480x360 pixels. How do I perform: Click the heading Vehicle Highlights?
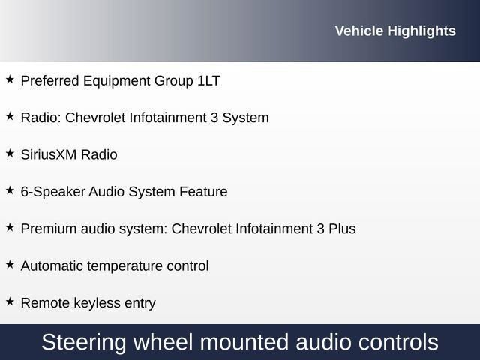(x=394, y=31)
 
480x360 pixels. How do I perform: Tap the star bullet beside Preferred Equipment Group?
(x=10, y=79)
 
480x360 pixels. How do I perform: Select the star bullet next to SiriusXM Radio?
(x=10, y=153)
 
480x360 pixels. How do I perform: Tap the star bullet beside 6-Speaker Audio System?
(x=10, y=190)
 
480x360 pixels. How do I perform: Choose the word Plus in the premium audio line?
(x=341, y=229)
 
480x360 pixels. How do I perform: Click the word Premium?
(x=48, y=229)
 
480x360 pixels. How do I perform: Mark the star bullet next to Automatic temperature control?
(x=10, y=264)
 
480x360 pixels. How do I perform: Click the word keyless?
(x=93, y=303)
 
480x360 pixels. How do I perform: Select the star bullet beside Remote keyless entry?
(x=10, y=301)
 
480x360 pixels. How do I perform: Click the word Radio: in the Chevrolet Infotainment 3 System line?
(x=41, y=118)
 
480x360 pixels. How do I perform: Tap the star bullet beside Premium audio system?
(x=10, y=227)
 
